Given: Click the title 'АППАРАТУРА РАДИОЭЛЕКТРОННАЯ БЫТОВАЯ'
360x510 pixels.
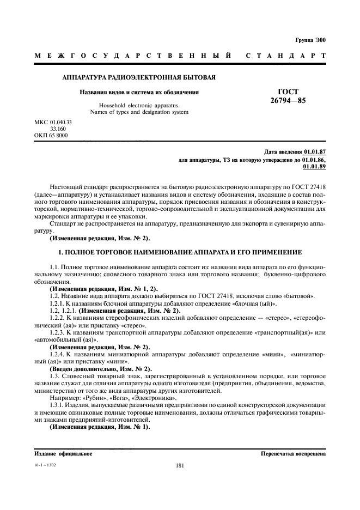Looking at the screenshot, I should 139,77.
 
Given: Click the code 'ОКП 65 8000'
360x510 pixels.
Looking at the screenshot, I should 51,135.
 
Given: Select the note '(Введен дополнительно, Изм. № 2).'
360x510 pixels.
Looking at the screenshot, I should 100,369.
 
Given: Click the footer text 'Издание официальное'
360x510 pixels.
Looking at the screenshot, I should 63,453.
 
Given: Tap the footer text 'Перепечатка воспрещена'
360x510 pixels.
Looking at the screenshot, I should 294,453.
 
